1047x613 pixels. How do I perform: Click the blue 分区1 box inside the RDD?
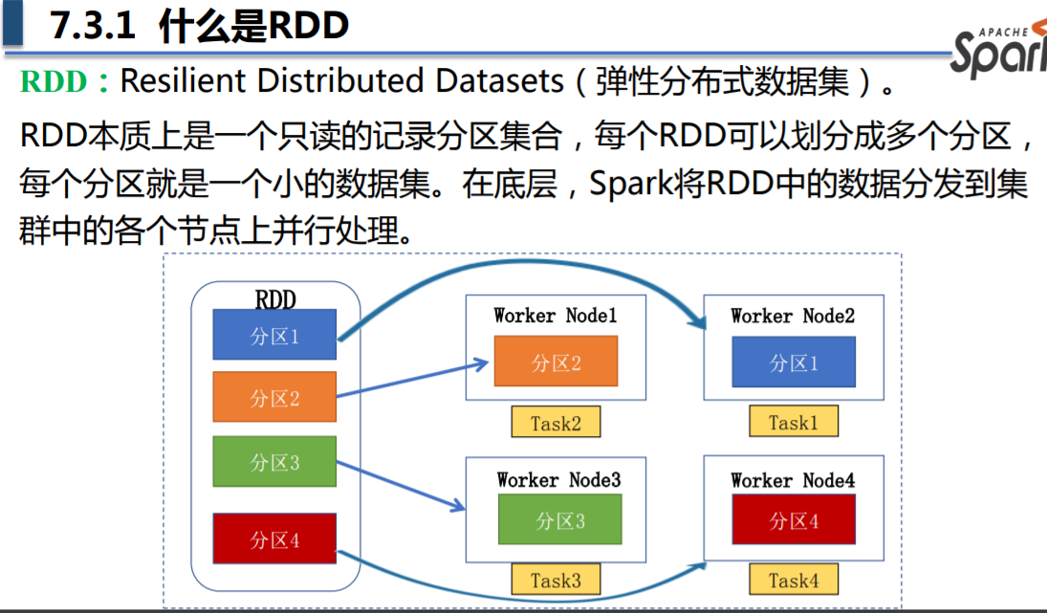click(274, 335)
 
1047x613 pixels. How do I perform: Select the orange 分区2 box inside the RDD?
click(274, 397)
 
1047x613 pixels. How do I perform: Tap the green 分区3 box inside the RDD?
click(274, 462)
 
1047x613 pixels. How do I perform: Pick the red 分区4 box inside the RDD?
click(274, 539)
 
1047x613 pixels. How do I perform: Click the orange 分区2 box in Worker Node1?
click(556, 361)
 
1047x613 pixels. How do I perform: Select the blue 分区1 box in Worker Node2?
click(794, 361)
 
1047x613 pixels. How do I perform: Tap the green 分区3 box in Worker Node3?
click(559, 519)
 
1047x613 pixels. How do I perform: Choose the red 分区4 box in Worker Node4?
click(794, 520)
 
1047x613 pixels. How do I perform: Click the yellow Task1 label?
click(793, 422)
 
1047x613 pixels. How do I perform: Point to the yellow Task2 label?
click(556, 422)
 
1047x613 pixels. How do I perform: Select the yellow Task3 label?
click(556, 580)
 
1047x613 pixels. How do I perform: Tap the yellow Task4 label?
click(793, 580)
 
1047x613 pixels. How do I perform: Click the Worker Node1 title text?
click(556, 315)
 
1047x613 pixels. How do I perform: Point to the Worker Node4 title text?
click(793, 480)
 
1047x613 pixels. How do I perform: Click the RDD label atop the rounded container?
click(275, 299)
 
